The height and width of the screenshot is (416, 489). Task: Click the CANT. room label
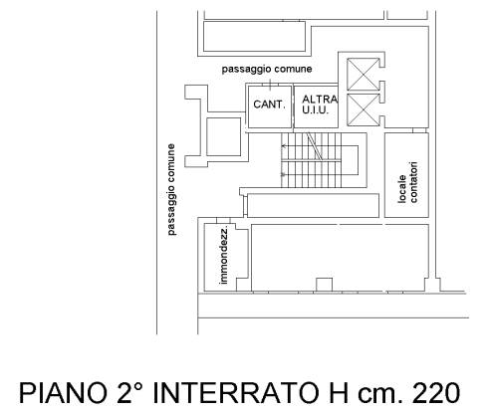pyautogui.click(x=269, y=104)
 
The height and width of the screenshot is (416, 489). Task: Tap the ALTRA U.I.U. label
pyautogui.click(x=320, y=104)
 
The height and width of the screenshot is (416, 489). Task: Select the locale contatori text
pyautogui.click(x=408, y=182)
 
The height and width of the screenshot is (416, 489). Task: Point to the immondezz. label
pyautogui.click(x=224, y=256)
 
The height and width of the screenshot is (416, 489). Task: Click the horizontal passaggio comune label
pyautogui.click(x=267, y=69)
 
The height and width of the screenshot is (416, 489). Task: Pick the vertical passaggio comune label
pyautogui.click(x=171, y=189)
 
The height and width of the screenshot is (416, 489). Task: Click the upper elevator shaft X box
pyautogui.click(x=363, y=74)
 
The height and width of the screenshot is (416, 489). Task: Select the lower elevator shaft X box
pyautogui.click(x=363, y=109)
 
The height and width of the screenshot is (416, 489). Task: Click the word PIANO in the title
pyautogui.click(x=62, y=393)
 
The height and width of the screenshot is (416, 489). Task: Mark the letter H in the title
pyautogui.click(x=339, y=393)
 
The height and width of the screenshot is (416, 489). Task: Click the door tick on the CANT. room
pyautogui.click(x=270, y=85)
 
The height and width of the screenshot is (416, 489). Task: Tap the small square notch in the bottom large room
pyautogui.click(x=324, y=285)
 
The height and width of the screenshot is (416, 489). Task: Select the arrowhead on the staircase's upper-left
pyautogui.click(x=283, y=145)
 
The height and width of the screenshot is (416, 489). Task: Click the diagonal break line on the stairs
pyautogui.click(x=314, y=146)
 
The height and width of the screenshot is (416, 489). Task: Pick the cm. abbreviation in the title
pyautogui.click(x=379, y=395)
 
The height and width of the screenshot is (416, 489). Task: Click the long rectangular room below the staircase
pyautogui.click(x=313, y=205)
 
